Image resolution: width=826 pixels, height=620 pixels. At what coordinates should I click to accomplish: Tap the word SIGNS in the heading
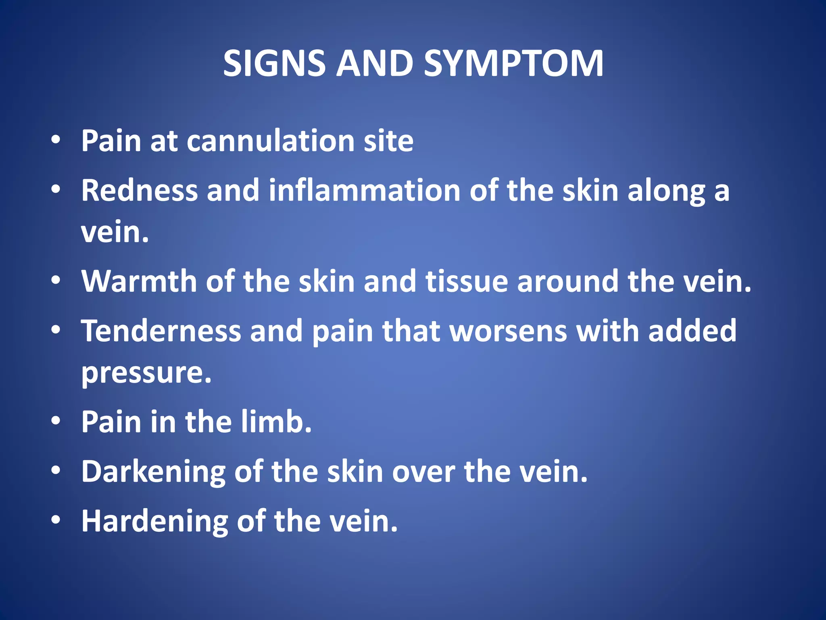pos(274,63)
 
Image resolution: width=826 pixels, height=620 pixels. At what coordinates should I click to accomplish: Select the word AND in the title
pos(374,63)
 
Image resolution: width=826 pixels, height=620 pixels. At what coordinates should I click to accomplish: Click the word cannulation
pos(271,141)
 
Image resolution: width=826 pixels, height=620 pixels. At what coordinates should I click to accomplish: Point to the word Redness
pos(140,190)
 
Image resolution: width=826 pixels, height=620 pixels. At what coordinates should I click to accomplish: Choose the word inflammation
pos(365,190)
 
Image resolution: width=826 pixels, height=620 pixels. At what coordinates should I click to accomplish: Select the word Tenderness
pos(161,331)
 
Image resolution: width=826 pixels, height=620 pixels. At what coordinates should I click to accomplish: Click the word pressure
pos(146,373)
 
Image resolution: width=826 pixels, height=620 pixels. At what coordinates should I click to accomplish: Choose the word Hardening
pos(154,521)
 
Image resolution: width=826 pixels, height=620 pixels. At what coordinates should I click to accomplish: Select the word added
pos(692,331)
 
